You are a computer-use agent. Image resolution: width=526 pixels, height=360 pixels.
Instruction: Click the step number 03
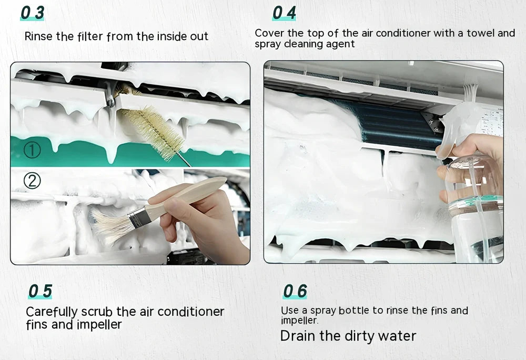point(32,13)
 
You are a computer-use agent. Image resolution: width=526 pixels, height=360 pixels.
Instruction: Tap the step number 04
point(284,13)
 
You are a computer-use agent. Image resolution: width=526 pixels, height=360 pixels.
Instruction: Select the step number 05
point(40,291)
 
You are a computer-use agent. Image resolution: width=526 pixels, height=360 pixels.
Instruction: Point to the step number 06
point(295,291)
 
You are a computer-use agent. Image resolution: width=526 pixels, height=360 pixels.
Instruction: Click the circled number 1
point(32,151)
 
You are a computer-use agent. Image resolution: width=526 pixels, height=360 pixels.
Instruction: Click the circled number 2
point(32,182)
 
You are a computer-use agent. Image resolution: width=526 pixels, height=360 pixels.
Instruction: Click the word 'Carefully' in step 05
point(52,312)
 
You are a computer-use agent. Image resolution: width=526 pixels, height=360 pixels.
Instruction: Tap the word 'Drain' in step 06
point(297,336)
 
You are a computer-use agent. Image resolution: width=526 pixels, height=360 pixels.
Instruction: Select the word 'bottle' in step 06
point(356,311)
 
